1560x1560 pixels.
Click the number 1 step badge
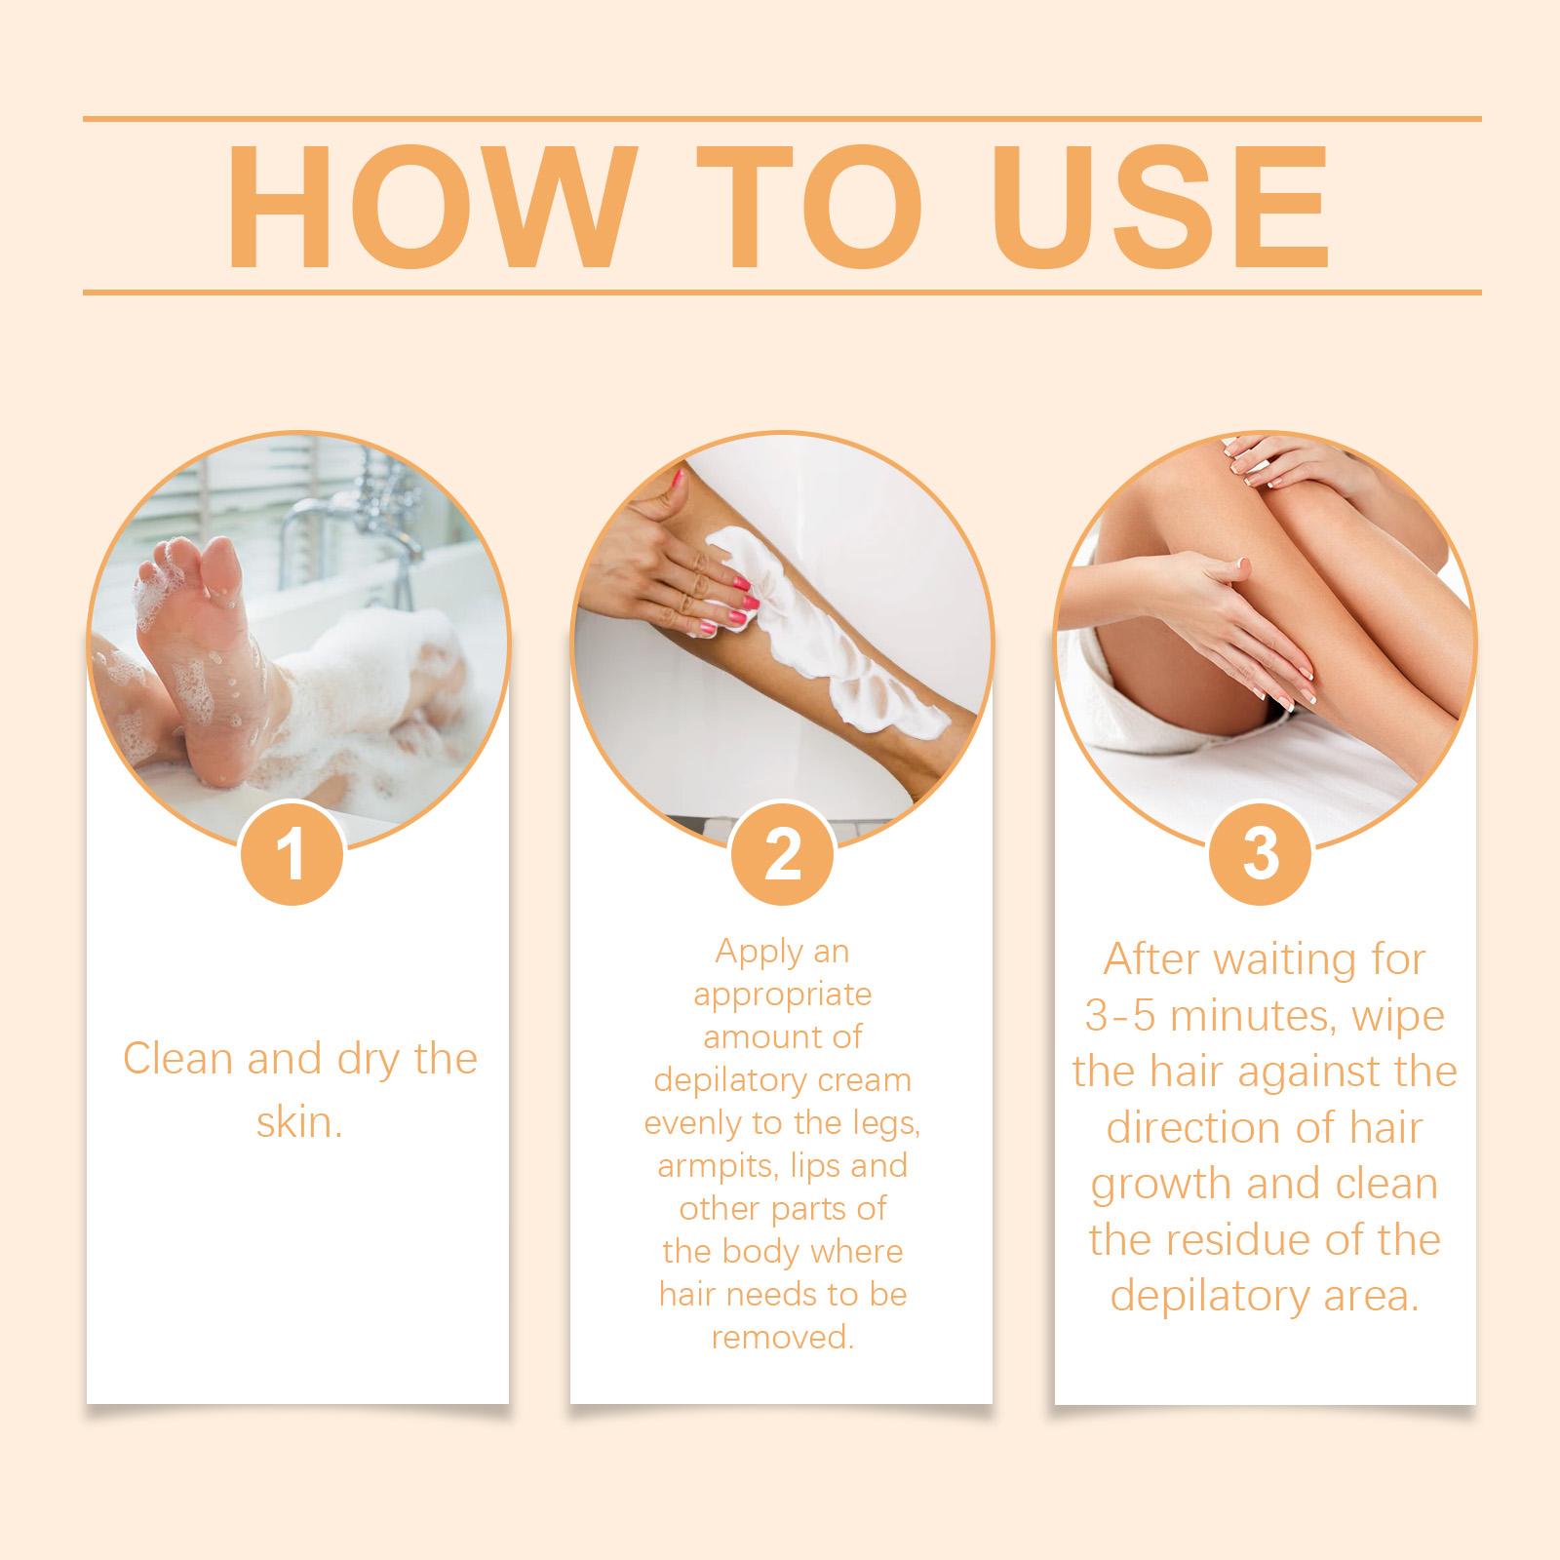click(x=292, y=854)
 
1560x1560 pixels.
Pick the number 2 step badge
click(x=782, y=854)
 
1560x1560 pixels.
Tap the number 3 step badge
click(x=1261, y=854)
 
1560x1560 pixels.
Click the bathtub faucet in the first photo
click(x=331, y=526)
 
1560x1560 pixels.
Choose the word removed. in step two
click(x=782, y=1337)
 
